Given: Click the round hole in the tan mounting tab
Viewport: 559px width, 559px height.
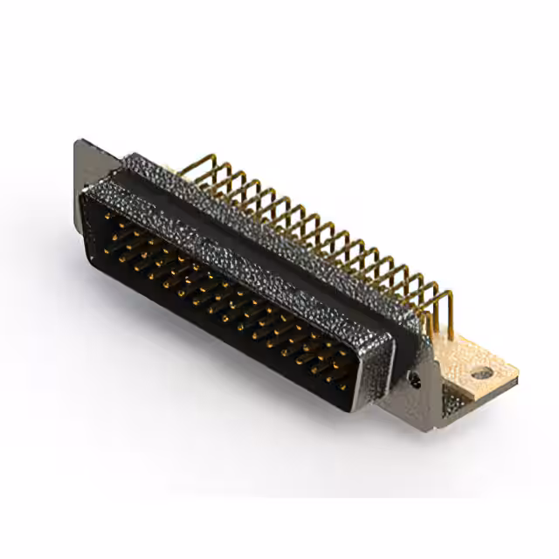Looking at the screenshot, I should coord(481,373).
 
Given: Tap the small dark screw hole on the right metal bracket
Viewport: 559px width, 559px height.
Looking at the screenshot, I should coord(416,381).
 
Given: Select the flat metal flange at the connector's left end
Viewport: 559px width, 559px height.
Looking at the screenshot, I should coord(86,179).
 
